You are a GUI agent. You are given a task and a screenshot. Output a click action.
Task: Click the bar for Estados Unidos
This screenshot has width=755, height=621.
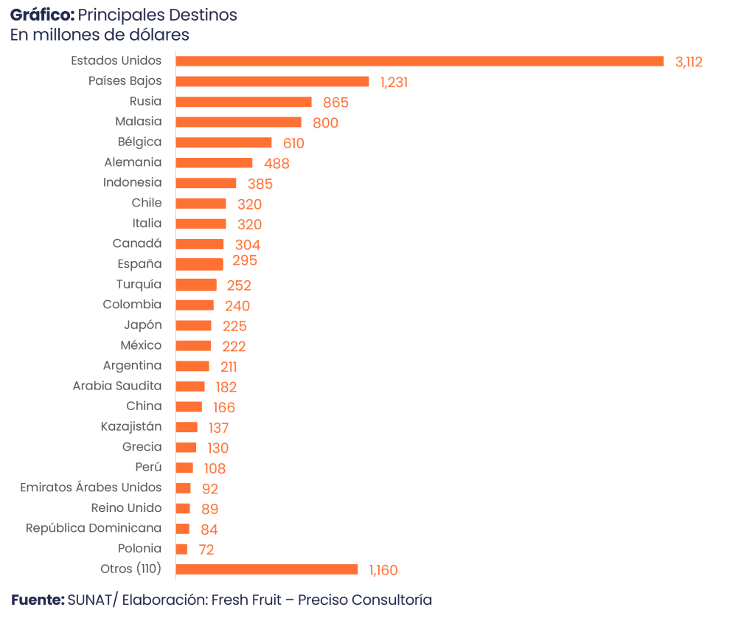tap(420, 61)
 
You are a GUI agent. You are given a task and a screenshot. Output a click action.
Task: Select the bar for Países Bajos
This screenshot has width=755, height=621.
tap(272, 82)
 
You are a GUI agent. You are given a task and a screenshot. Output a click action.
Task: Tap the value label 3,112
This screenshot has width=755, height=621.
tap(689, 62)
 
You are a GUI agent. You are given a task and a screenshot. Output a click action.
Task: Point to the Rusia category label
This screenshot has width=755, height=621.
tap(145, 101)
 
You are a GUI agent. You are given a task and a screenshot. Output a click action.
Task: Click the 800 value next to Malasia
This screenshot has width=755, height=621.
tap(325, 123)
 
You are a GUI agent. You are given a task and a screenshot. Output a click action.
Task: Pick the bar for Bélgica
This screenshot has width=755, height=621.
tap(224, 142)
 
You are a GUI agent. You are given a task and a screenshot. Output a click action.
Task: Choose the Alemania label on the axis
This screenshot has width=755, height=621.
tap(133, 162)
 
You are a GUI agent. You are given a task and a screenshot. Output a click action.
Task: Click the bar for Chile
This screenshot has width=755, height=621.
tap(201, 204)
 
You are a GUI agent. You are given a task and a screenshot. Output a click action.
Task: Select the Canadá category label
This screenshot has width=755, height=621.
tap(137, 243)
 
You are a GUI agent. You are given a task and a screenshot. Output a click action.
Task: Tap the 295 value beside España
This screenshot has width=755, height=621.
tap(245, 261)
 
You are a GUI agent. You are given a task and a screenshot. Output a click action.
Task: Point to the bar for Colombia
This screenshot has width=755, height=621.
tap(195, 305)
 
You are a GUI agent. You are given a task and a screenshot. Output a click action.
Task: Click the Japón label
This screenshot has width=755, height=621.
tap(143, 325)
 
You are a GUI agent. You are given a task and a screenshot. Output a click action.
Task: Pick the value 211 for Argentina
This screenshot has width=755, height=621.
tap(229, 367)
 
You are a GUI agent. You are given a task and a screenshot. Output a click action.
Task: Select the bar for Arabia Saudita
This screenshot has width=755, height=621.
tap(190, 386)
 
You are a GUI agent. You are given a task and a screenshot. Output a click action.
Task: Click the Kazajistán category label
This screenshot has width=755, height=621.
tap(131, 426)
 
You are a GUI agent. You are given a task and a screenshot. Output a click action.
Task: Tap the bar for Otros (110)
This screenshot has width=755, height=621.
tap(267, 569)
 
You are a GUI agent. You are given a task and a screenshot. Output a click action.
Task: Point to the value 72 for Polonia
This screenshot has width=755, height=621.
tap(206, 549)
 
